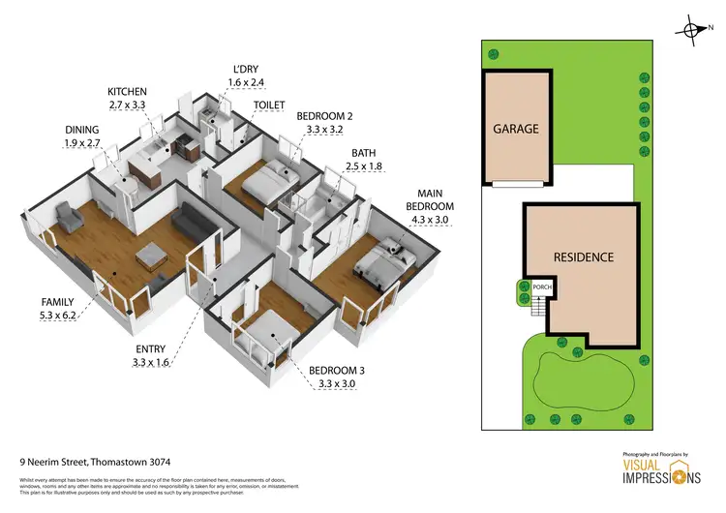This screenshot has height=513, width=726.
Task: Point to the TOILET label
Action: coord(269,104)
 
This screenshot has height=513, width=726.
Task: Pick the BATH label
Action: coord(364,153)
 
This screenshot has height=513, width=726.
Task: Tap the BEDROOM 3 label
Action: coord(336,371)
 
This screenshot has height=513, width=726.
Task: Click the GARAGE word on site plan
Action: coord(515,128)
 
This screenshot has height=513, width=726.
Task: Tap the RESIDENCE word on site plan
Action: coord(583,257)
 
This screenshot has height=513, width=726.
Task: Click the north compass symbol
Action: coord(693,30)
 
